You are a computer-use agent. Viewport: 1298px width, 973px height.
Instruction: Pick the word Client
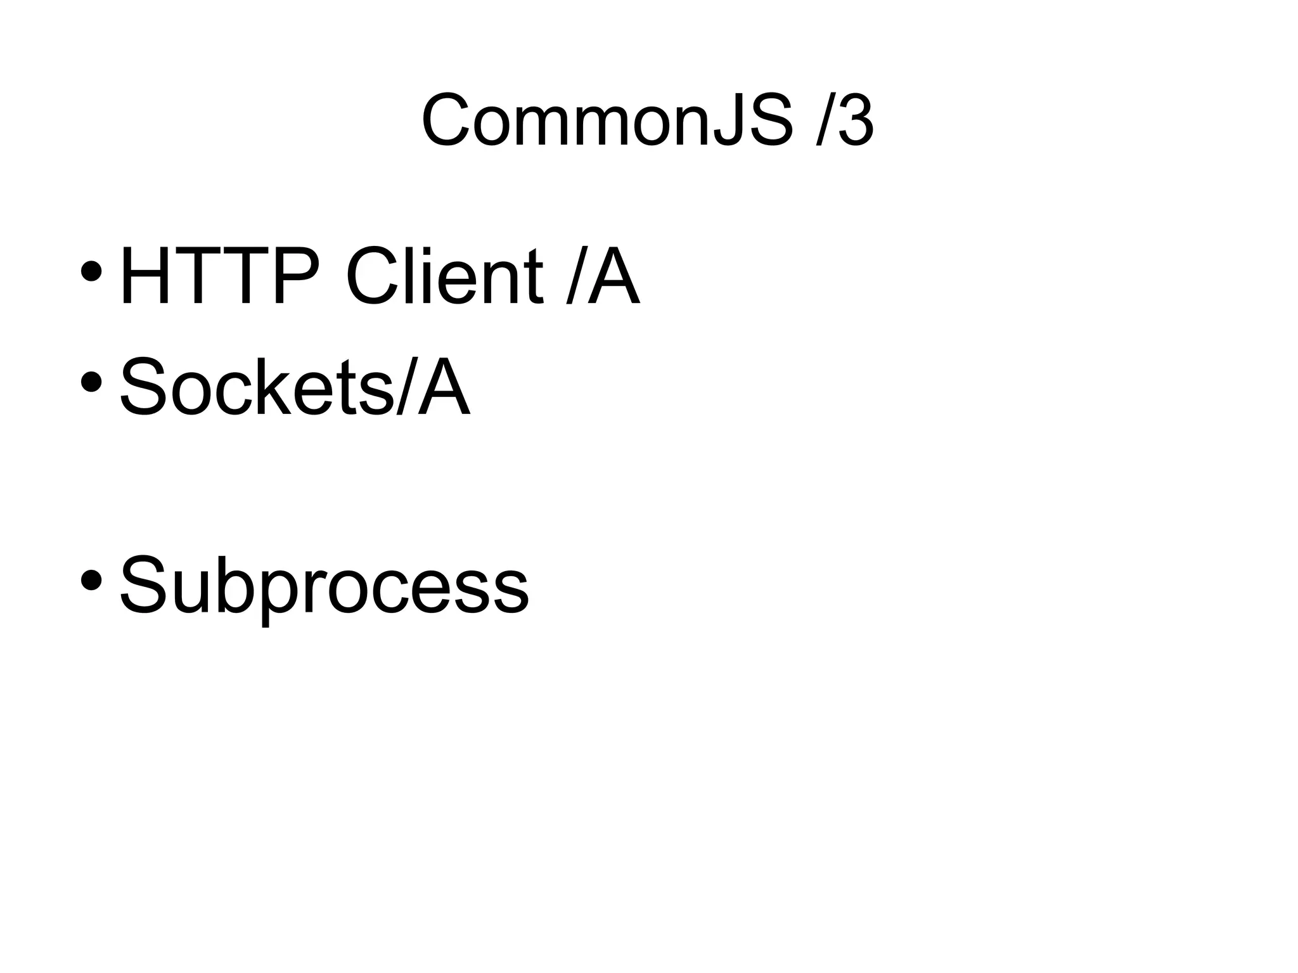click(444, 277)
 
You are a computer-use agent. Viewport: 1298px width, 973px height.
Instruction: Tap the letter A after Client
click(612, 277)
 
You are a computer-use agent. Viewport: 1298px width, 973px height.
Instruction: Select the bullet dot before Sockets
click(92, 382)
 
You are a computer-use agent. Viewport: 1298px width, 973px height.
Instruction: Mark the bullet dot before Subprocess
click(92, 579)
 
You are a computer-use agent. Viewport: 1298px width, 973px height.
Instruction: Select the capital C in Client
click(371, 277)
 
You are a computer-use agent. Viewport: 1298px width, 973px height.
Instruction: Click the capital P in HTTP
click(297, 277)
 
